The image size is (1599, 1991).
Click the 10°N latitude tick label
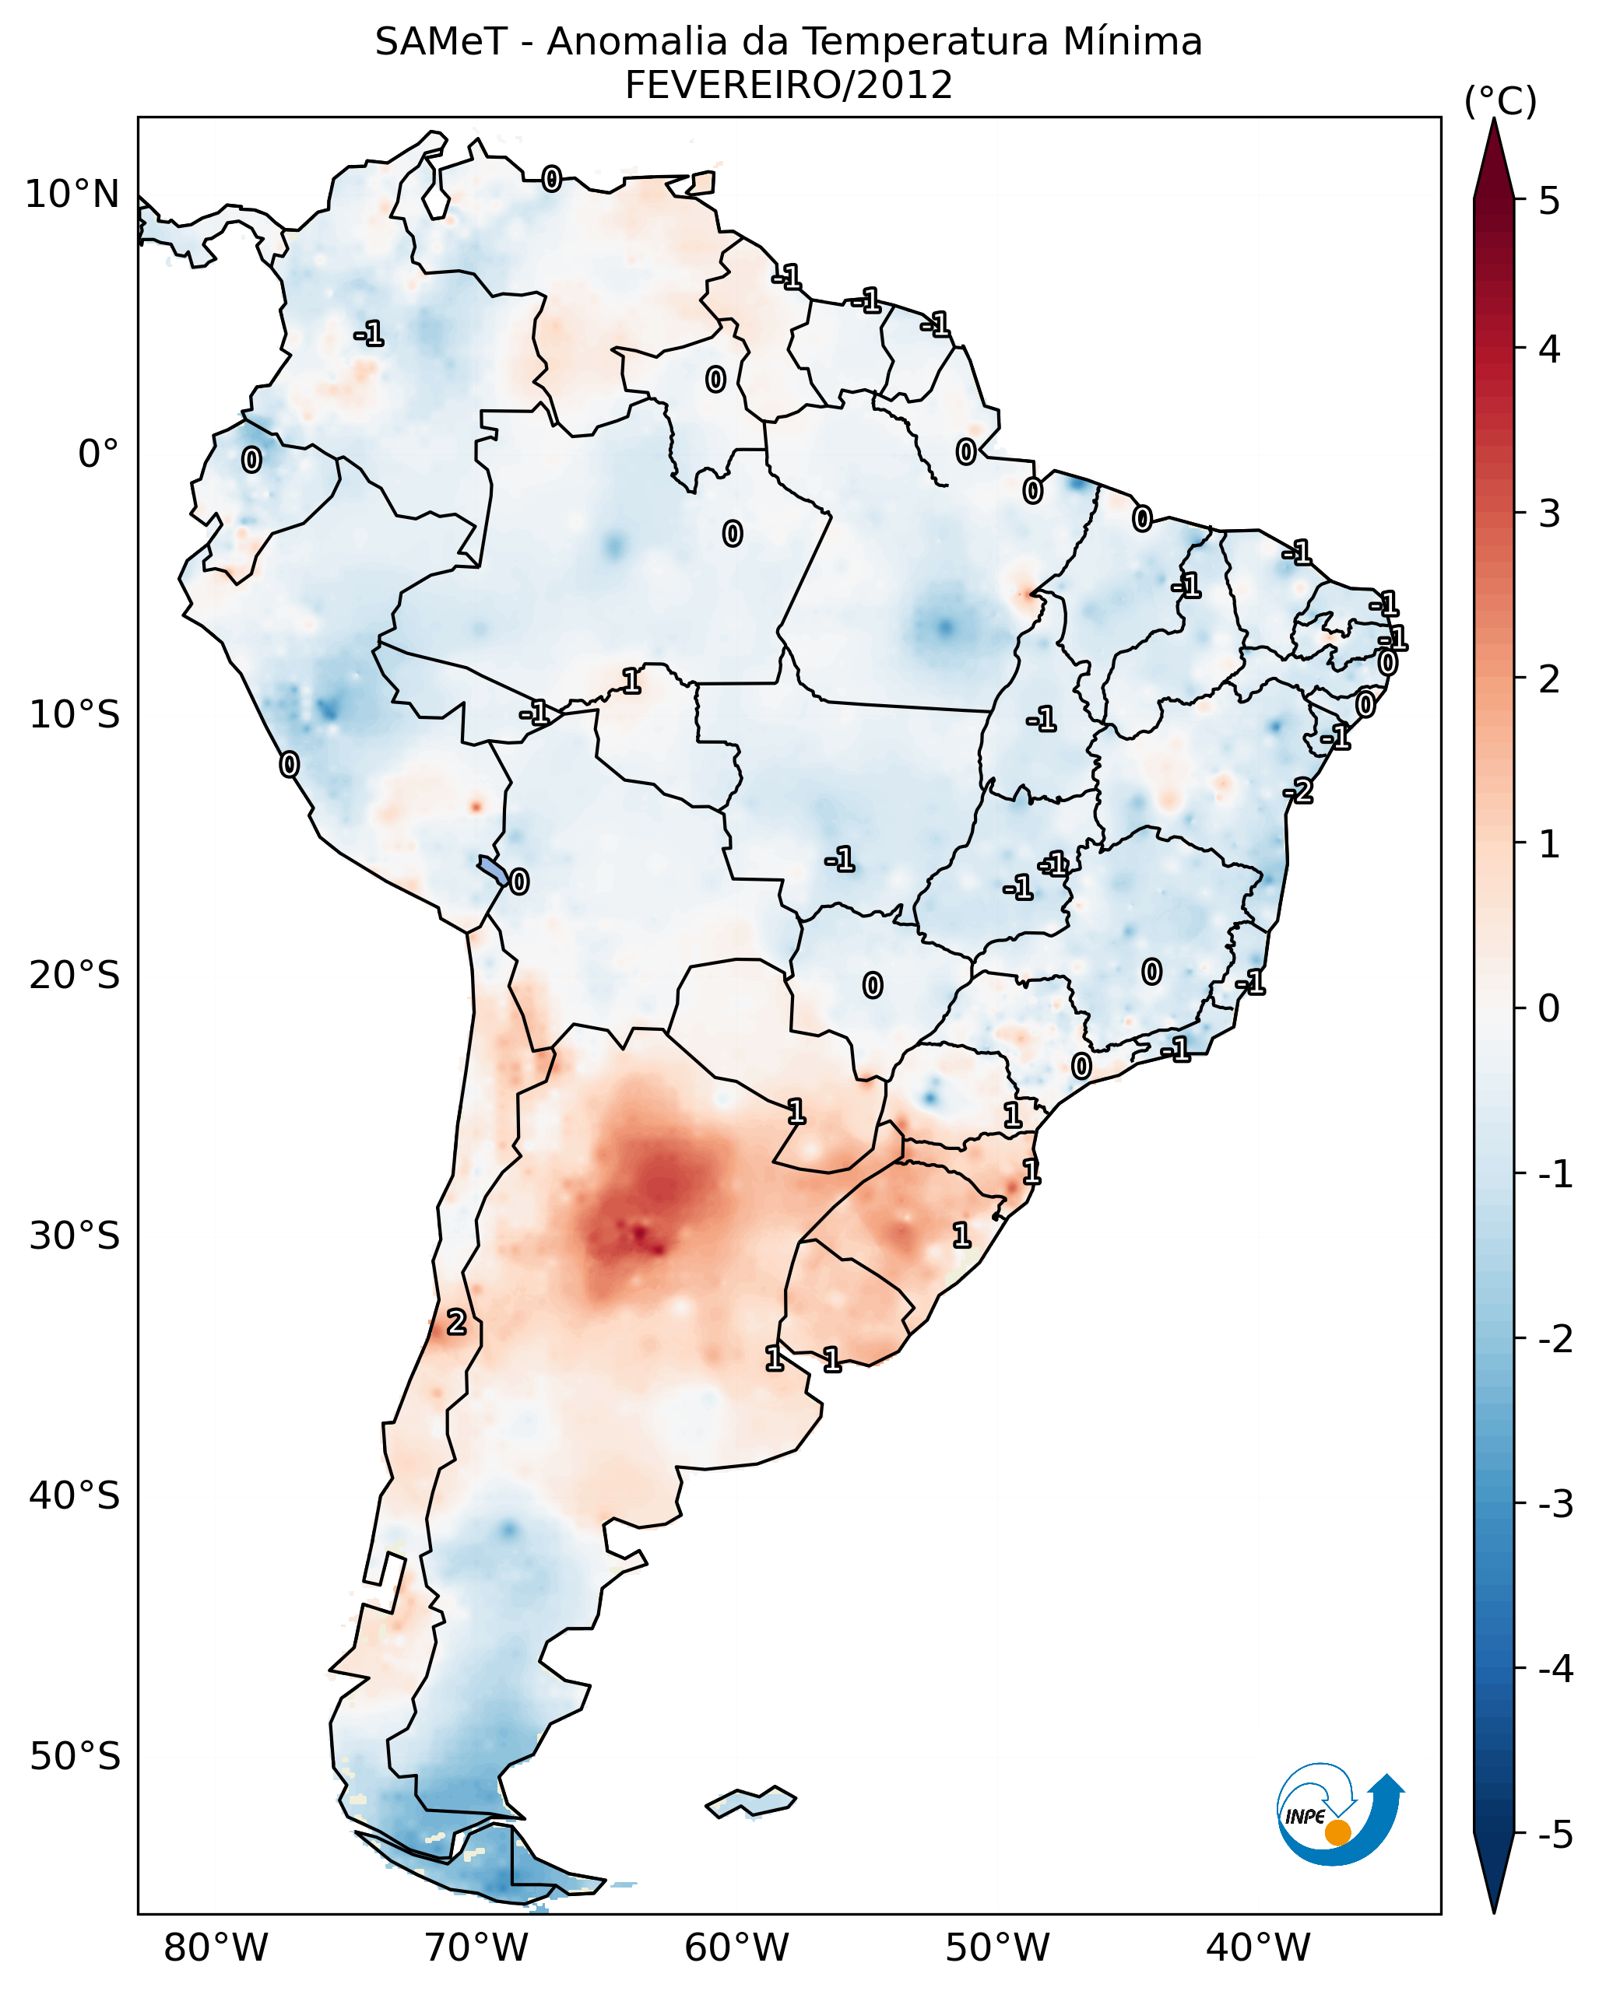72,195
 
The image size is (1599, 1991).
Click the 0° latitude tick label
98,454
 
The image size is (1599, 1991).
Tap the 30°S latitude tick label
74,1235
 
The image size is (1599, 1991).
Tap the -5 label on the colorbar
1555,1834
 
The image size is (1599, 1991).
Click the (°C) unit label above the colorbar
1500,102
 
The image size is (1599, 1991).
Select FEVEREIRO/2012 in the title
788,86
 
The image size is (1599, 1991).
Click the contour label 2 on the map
455,1323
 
